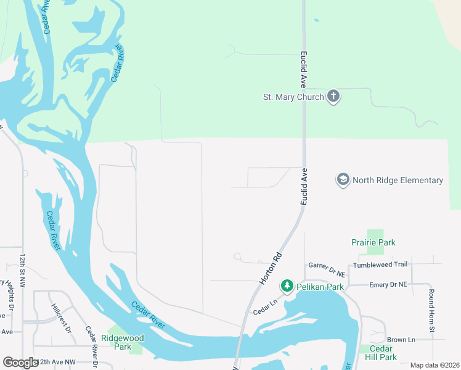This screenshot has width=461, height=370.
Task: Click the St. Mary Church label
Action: [293, 97]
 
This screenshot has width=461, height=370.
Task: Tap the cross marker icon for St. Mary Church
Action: [333, 97]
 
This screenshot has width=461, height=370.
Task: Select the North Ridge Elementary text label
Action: [398, 180]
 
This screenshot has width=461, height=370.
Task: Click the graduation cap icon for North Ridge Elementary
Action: [343, 180]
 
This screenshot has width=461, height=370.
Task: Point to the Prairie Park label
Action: [373, 242]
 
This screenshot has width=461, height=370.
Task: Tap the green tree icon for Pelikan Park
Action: [287, 286]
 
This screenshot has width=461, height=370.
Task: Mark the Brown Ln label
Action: [401, 340]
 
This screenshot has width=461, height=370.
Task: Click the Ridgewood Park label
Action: [123, 342]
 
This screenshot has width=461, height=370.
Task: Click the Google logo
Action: [20, 363]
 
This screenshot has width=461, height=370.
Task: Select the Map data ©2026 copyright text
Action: [434, 365]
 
